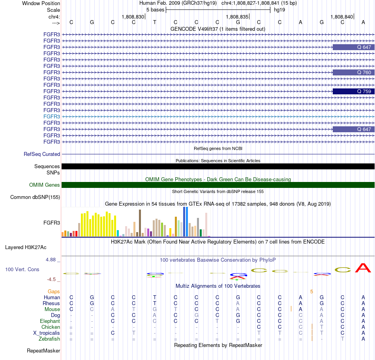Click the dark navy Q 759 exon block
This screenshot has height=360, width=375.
pos(353,91)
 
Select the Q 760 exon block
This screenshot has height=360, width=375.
pos(353,72)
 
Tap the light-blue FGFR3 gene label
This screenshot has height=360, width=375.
pos(52,116)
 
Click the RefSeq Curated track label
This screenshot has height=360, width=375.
pos(42,154)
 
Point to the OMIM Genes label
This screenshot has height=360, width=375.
pos(45,185)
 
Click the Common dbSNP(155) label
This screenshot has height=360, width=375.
pos(35,197)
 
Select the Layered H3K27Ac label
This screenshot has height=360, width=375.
pos(26,247)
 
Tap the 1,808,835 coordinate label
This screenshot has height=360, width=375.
pos(237,17)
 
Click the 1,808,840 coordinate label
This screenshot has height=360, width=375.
pos(342,17)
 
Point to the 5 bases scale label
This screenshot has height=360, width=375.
pos(156,10)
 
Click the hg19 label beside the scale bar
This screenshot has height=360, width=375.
pos(279,10)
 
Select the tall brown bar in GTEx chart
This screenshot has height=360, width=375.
pos(140,223)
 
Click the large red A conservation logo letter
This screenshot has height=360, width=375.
pos(363,268)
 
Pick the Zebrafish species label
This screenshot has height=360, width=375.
pos(49,339)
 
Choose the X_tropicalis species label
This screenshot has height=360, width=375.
pos(47,333)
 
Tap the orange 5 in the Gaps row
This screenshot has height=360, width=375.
pos(311,292)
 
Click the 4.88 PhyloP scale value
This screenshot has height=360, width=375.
pos(51,259)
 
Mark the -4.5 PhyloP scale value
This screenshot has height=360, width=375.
pos(51,279)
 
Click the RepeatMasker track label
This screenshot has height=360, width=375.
pos(43,351)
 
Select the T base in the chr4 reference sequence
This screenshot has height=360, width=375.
pos(155,22)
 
